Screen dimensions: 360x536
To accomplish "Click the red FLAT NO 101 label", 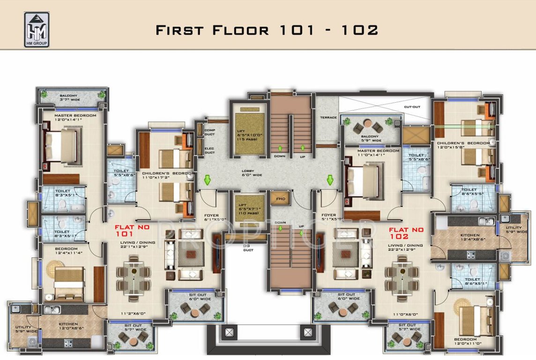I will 125,230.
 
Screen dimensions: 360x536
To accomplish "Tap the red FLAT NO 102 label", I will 406,233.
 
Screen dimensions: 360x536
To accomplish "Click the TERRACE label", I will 328,117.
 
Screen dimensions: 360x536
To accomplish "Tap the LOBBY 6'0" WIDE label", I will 252,173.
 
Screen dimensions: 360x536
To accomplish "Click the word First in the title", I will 180,30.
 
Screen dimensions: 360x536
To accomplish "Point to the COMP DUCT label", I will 209,132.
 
